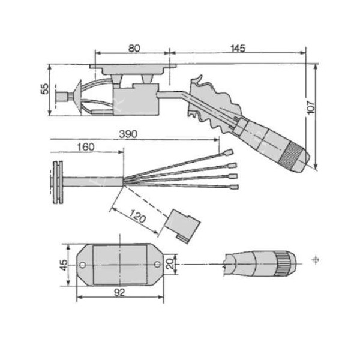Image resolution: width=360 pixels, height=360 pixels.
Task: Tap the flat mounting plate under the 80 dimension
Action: click(131, 68)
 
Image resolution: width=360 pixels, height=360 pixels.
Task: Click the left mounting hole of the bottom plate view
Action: click(82, 264)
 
